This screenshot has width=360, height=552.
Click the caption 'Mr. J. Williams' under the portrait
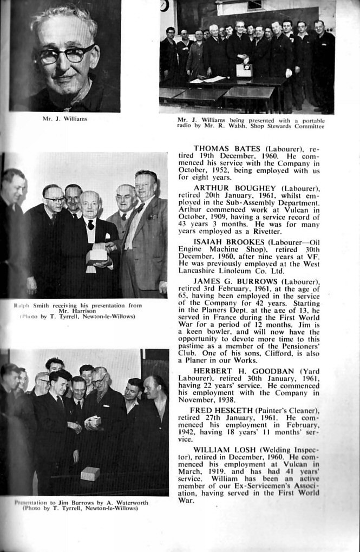tap(64, 118)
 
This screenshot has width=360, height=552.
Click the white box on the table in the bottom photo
tap(90, 475)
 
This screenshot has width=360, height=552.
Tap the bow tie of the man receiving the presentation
tap(91, 222)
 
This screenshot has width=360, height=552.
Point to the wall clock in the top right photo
tap(164, 5)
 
